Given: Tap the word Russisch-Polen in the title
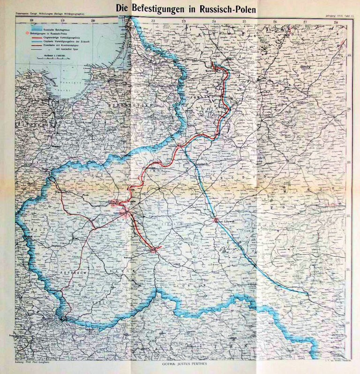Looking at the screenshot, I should pyautogui.click(x=225, y=8).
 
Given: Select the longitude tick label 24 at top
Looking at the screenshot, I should pyautogui.click(x=214, y=21).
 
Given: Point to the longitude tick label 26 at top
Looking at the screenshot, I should pyautogui.click(x=275, y=21).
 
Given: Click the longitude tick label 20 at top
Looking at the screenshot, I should pyautogui.click(x=93, y=21).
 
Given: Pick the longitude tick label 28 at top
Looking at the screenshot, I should pyautogui.click(x=336, y=21).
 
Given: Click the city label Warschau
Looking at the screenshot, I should pyautogui.click(x=120, y=213).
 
